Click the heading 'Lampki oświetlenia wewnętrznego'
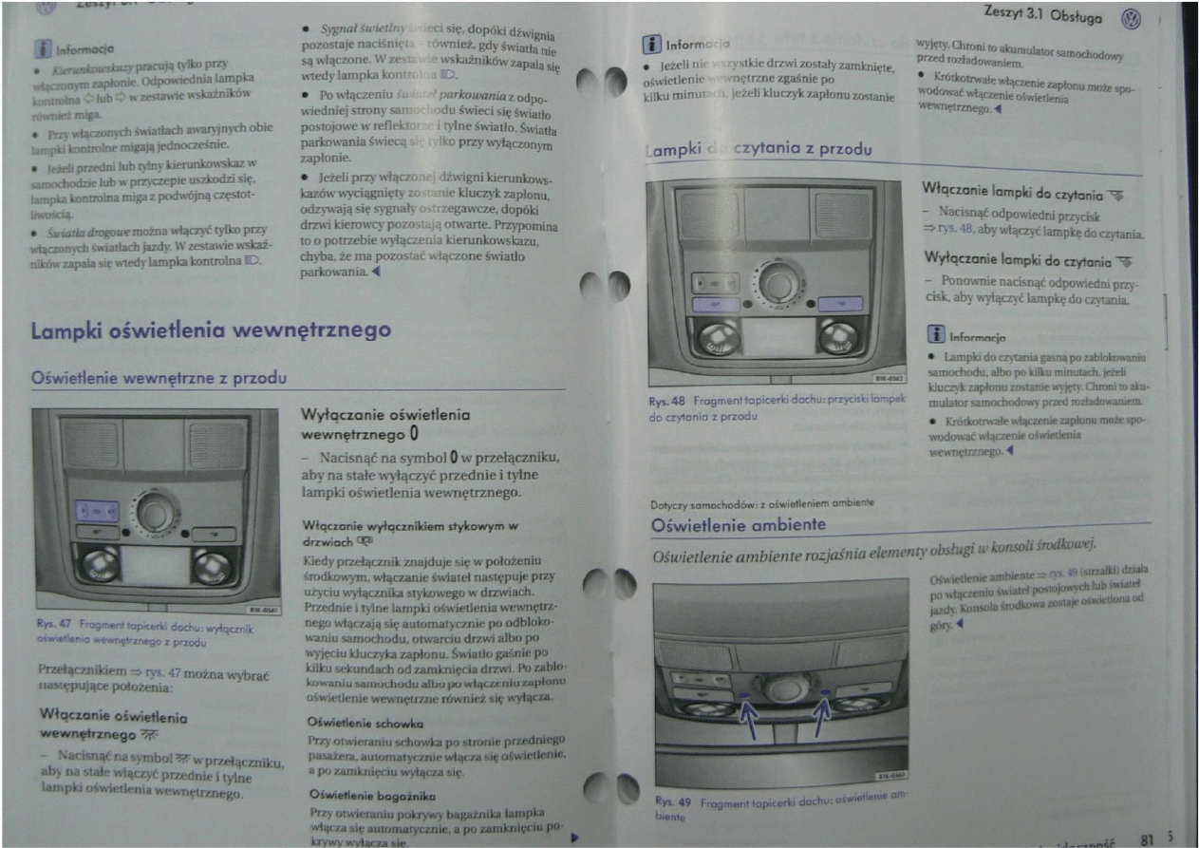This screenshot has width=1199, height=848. tap(211, 330)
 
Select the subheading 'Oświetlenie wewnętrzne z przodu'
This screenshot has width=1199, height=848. tap(159, 377)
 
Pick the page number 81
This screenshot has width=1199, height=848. tap(1148, 839)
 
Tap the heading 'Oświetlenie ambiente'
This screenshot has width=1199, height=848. tap(738, 525)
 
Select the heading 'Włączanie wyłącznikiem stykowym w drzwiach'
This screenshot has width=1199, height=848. tap(408, 531)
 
